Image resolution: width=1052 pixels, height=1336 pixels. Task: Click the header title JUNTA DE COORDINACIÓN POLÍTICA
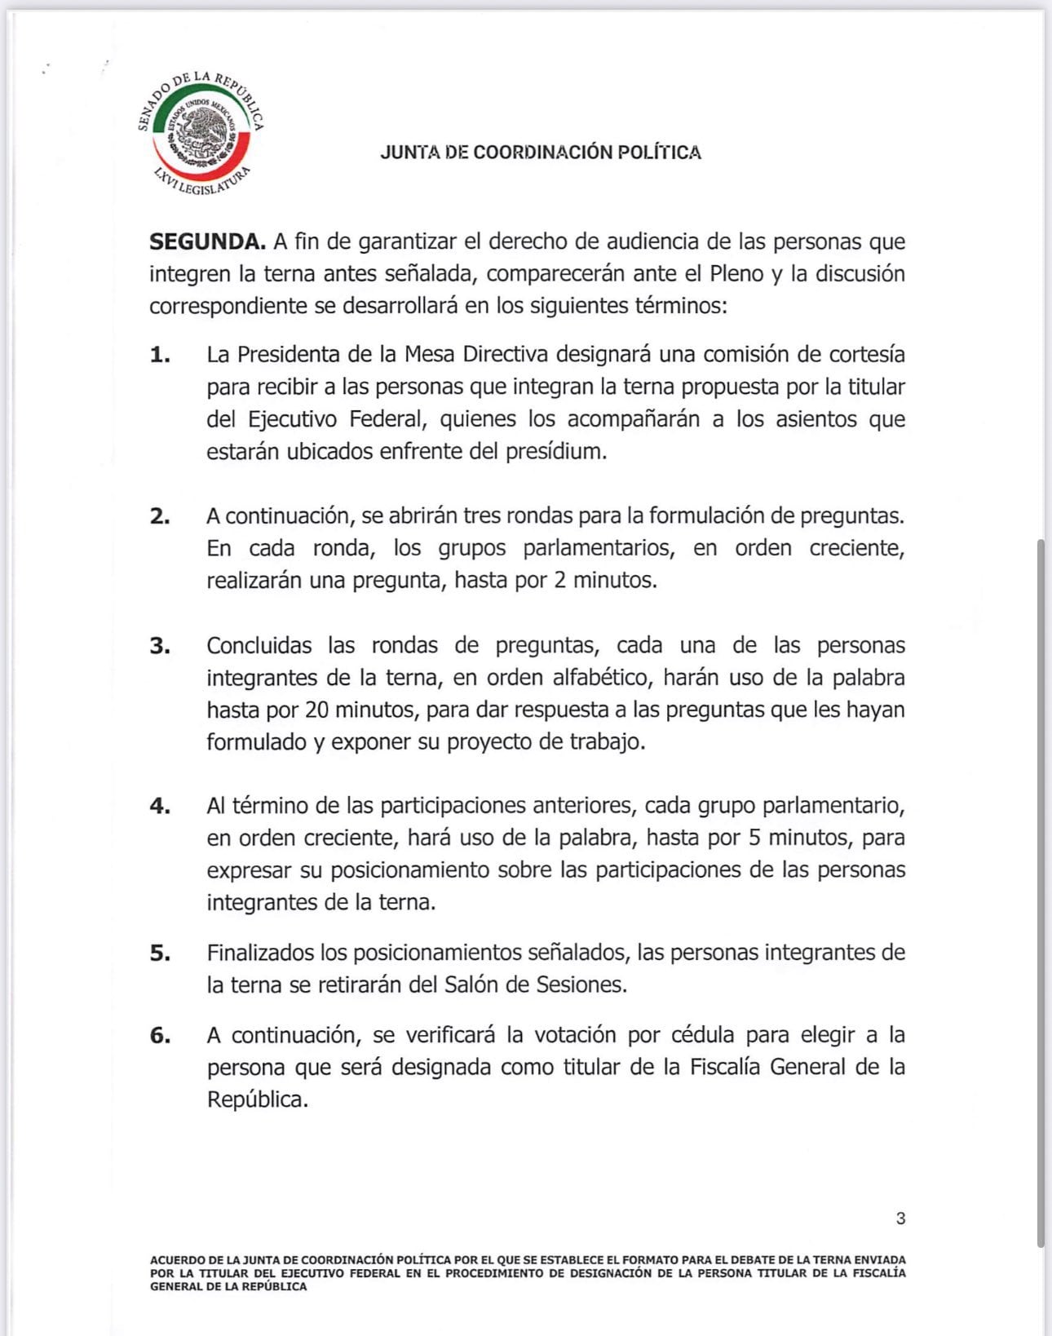[541, 153]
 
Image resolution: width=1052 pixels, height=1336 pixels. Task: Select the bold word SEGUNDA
[207, 241]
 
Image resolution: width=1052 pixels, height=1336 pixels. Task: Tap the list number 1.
[160, 355]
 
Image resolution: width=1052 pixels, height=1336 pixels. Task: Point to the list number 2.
[160, 516]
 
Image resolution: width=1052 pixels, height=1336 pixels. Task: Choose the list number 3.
[160, 646]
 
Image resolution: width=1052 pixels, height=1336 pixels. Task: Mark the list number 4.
[160, 806]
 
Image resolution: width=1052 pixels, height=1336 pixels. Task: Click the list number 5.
[160, 953]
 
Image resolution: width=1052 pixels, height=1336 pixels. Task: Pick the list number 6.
[160, 1036]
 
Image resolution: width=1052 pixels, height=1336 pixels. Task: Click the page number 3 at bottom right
[900, 1219]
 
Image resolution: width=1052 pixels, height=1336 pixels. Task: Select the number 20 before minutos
[317, 710]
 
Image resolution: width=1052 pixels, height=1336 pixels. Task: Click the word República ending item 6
[258, 1099]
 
